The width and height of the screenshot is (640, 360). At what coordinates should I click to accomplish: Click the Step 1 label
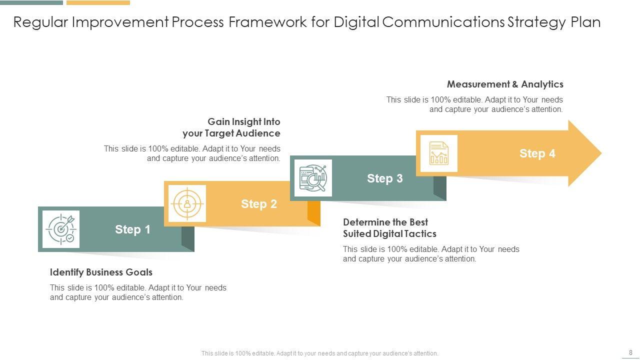click(132, 229)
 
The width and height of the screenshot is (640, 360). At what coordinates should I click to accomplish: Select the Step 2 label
click(258, 204)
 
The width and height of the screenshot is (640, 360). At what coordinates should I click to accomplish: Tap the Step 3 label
click(384, 178)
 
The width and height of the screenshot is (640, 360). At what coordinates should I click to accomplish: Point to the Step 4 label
click(537, 153)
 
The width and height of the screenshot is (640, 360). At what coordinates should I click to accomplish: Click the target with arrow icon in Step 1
click(61, 229)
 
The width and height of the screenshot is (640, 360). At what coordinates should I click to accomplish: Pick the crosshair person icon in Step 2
click(187, 203)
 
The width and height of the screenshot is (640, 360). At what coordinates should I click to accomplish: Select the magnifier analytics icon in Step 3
click(313, 178)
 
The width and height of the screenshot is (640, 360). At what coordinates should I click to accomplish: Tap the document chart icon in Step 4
click(439, 153)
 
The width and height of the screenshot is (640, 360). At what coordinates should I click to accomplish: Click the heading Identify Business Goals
click(101, 272)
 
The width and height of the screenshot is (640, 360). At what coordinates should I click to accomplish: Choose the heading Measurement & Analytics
click(505, 84)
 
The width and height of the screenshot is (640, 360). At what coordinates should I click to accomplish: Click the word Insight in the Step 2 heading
click(241, 122)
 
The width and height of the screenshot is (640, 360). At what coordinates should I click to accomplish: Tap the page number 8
click(630, 352)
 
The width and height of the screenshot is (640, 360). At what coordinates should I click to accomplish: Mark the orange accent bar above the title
click(98, 2)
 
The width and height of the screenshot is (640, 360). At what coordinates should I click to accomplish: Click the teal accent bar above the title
click(31, 2)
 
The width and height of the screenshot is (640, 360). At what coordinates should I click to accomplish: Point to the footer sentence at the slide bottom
click(319, 353)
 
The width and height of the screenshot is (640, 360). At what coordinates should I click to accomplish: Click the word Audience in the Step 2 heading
click(258, 133)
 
